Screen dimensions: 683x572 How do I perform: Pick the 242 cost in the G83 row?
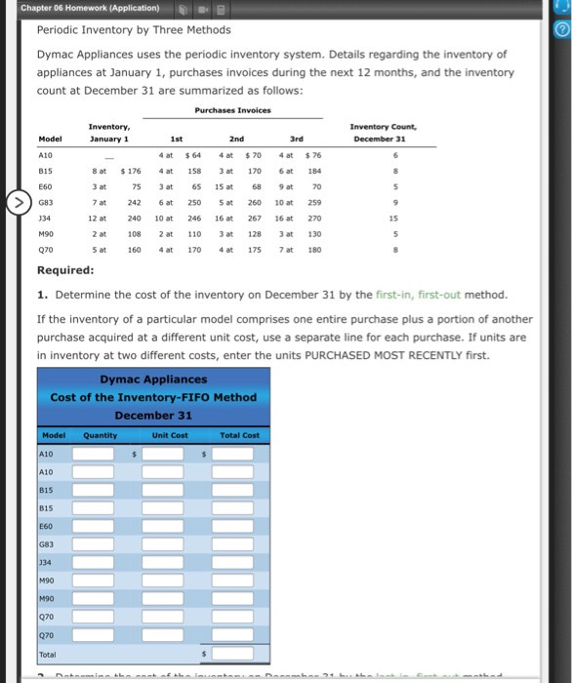point(134,201)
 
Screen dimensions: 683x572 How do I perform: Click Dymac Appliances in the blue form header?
point(153,380)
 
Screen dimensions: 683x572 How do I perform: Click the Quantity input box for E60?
point(99,525)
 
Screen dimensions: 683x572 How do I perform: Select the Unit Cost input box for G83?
point(167,543)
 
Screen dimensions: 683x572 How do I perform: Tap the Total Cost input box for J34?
point(233,562)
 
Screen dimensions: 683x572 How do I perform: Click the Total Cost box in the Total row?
point(233,654)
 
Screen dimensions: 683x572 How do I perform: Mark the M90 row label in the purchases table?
point(46,233)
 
